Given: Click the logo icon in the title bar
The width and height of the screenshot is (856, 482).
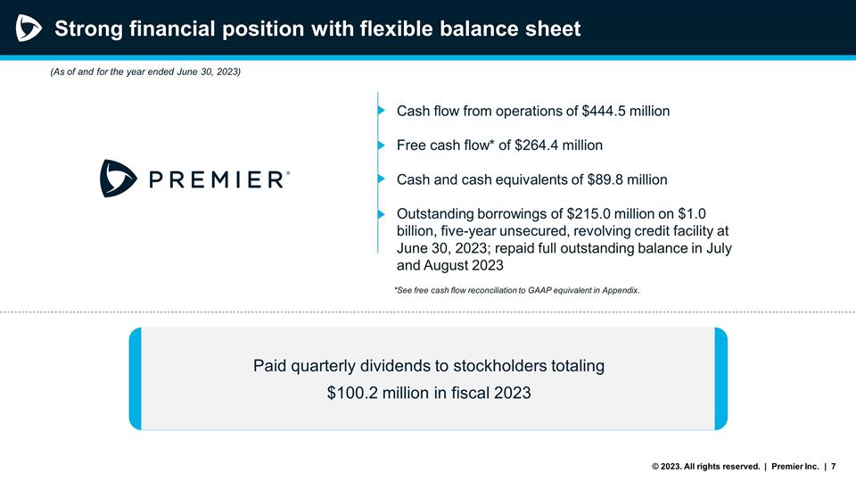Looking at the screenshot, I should [x=29, y=29].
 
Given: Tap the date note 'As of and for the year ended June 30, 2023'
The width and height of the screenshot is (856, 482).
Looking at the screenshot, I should [x=145, y=71].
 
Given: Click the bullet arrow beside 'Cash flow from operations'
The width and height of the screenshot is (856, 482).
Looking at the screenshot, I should [x=383, y=112].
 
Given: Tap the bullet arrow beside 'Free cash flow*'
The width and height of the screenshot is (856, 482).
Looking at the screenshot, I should [x=383, y=145].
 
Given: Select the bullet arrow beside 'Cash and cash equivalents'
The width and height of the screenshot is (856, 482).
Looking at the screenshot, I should [x=383, y=179].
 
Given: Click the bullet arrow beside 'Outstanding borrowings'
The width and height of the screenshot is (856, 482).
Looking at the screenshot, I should [x=383, y=214].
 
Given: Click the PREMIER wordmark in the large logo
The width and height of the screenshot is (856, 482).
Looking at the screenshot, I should [x=219, y=179].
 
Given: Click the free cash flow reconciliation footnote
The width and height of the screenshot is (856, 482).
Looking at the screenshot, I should [x=516, y=290].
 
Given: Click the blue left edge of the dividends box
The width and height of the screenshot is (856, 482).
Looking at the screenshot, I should [x=136, y=378].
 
